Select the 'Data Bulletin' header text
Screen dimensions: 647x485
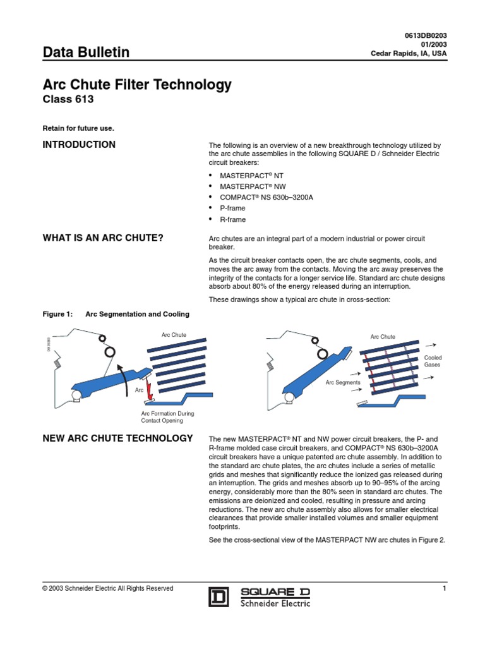click(x=85, y=52)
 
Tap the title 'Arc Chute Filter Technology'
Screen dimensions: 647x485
click(x=136, y=85)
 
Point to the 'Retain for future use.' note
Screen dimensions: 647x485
click(x=78, y=128)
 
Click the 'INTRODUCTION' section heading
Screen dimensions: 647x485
click(x=79, y=145)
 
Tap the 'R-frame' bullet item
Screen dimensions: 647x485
click(x=232, y=219)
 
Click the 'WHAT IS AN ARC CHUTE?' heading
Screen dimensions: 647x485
click(x=103, y=238)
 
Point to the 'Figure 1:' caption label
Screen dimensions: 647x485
click(x=57, y=313)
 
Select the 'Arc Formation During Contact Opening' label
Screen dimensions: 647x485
click(x=167, y=417)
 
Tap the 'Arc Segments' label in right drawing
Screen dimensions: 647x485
click(x=343, y=382)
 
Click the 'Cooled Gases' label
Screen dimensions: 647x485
click(x=432, y=361)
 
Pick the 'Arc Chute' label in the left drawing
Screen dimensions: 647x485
click(x=174, y=334)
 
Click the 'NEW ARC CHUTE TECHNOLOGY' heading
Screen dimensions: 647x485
click(x=117, y=438)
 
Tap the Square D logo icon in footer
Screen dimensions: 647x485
click(x=219, y=596)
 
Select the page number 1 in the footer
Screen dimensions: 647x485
click(x=445, y=589)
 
